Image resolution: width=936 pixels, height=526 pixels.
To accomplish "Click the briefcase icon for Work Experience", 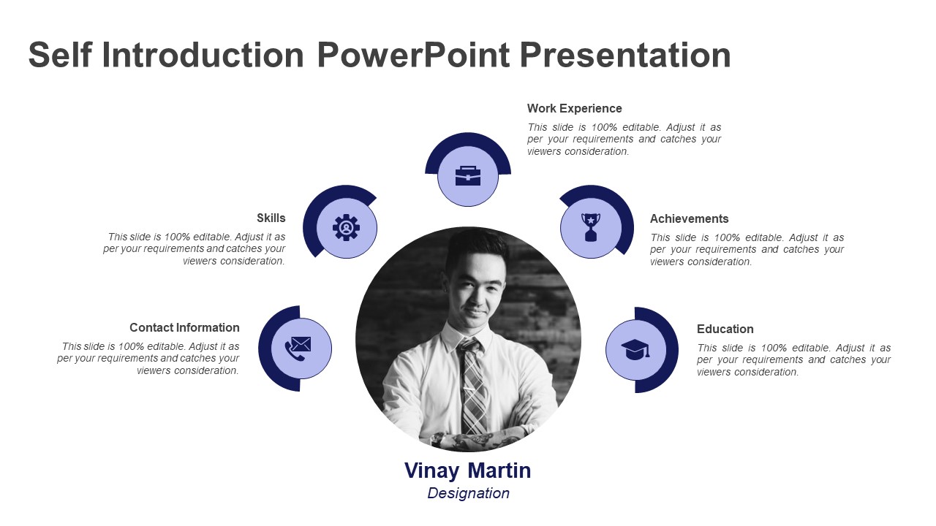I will [x=468, y=176].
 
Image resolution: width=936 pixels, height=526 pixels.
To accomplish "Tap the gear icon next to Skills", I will [x=347, y=228].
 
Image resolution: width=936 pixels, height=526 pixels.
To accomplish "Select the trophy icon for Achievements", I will [x=591, y=227].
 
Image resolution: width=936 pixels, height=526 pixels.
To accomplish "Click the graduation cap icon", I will [x=635, y=350].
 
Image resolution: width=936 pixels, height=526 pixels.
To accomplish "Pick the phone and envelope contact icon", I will [x=298, y=348].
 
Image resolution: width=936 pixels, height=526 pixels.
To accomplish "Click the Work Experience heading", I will [x=574, y=108].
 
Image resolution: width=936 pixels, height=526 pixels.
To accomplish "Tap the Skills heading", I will [x=271, y=218].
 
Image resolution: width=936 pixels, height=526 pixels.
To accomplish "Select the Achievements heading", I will [x=689, y=218].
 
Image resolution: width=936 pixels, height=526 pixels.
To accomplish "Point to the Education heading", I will [x=725, y=329].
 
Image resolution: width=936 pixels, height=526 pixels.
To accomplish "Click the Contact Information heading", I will [x=184, y=327].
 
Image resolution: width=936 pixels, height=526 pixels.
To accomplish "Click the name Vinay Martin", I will [x=468, y=470].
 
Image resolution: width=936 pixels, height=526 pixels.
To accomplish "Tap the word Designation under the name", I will [x=468, y=493].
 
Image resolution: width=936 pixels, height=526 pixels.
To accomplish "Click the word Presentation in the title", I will [x=626, y=56].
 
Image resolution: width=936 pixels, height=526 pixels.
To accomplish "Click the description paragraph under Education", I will [x=793, y=359].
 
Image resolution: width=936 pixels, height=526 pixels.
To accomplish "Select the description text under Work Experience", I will [x=624, y=139].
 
